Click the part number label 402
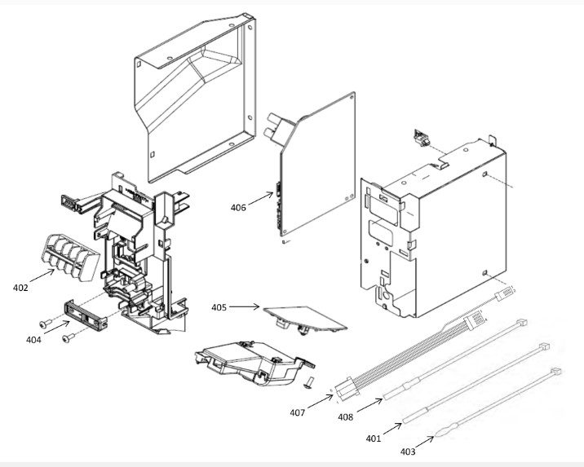(20, 288)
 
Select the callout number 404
(33, 340)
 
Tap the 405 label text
(219, 307)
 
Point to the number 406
(238, 208)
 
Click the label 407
(298, 412)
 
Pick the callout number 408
(346, 417)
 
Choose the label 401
(374, 438)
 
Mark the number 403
(408, 452)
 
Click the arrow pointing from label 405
(245, 306)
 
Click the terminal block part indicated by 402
(72, 257)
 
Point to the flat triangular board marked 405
(305, 318)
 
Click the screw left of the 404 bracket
(46, 324)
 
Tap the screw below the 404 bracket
(69, 337)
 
